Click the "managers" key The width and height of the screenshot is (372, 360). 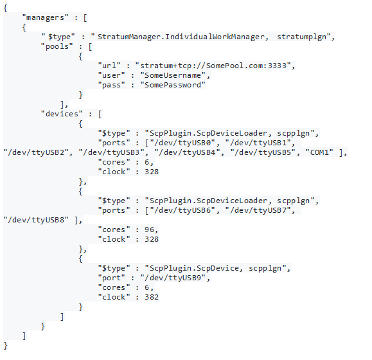pos(46,17)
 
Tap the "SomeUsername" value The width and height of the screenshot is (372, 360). pos(173,75)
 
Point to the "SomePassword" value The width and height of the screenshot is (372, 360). pos(173,85)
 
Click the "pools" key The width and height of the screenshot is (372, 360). pos(57,46)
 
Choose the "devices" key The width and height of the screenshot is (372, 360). pos(62,114)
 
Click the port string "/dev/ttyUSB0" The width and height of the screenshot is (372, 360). pos(182,143)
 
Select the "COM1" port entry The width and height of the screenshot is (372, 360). pos(319,152)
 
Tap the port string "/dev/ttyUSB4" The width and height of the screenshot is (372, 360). pos(187,152)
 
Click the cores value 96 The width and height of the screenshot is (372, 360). pos(150,230)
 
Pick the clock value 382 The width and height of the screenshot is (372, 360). pos(152,297)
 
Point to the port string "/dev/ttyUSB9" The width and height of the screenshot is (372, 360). pos(173,278)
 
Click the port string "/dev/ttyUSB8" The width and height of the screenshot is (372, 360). pos(36,220)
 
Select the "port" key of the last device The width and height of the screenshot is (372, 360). pos(112,278)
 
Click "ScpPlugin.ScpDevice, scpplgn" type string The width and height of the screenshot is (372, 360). pos(215,268)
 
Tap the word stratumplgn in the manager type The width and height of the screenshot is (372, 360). pos(302,37)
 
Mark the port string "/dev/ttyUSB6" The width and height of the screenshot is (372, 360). pos(182,210)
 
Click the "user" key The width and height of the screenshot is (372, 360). pos(112,75)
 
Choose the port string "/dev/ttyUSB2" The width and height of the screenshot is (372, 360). pos(36,152)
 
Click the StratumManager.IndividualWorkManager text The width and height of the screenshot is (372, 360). pos(181,37)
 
